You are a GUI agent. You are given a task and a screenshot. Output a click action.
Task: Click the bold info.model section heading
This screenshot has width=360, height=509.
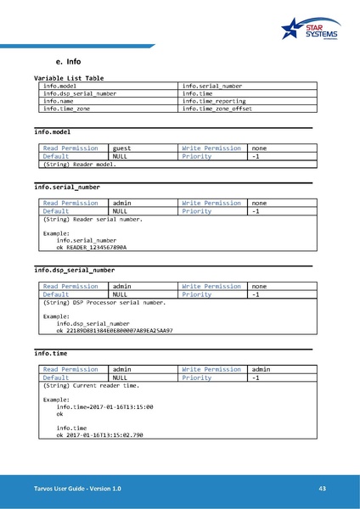pyautogui.click(x=52, y=133)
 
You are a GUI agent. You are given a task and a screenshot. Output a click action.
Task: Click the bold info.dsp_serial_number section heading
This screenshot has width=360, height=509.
pyautogui.click(x=74, y=271)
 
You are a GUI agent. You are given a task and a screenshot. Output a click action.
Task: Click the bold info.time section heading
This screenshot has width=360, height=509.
pyautogui.click(x=50, y=352)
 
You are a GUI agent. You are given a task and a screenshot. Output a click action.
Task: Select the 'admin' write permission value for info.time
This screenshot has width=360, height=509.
pyautogui.click(x=262, y=370)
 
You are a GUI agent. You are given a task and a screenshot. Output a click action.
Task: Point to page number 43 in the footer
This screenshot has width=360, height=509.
pyautogui.click(x=322, y=489)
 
